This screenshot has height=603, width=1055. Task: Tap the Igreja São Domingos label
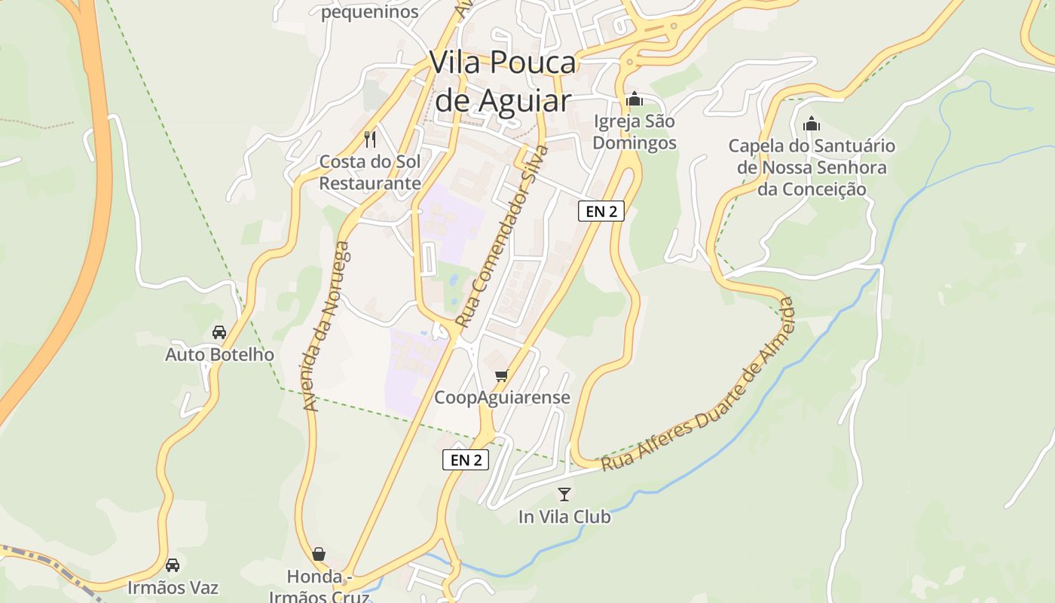click(635, 132)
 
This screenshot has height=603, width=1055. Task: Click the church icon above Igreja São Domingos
click(635, 99)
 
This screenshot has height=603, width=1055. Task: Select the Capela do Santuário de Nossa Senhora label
click(812, 167)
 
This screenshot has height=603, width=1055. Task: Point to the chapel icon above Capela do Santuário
click(812, 123)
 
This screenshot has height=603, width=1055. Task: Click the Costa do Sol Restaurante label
click(370, 172)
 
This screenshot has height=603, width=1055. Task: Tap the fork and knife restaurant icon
click(370, 139)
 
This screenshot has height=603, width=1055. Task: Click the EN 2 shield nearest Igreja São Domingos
click(601, 211)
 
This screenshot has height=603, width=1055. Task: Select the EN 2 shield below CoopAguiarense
click(466, 460)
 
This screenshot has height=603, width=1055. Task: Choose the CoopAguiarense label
click(502, 397)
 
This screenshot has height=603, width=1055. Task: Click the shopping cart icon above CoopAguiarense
click(502, 375)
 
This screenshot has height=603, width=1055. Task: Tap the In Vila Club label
click(564, 517)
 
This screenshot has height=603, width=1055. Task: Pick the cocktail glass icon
click(564, 494)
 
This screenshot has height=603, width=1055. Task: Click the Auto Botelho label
click(219, 354)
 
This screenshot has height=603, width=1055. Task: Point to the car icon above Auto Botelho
click(219, 332)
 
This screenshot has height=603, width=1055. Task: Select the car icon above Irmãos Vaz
click(173, 565)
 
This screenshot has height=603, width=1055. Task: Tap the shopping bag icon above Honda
click(319, 555)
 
